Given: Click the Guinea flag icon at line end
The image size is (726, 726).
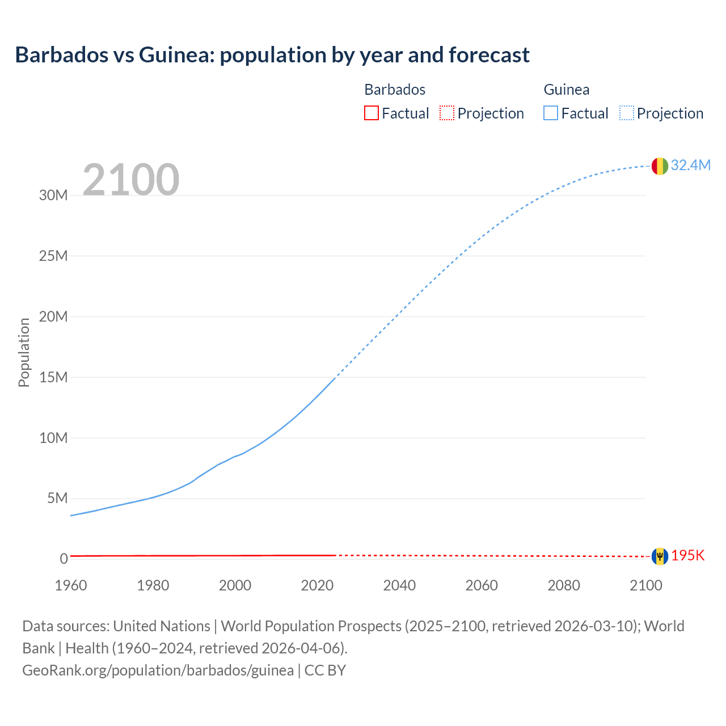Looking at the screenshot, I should click(x=660, y=166).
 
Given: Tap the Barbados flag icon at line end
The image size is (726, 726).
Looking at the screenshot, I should click(x=660, y=556).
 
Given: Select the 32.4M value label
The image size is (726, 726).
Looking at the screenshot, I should click(x=690, y=165).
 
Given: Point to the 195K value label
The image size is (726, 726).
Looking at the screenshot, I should click(x=687, y=556).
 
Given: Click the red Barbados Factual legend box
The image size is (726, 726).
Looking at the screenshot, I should click(x=371, y=113).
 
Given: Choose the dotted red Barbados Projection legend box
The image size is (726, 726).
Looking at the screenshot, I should click(x=447, y=113).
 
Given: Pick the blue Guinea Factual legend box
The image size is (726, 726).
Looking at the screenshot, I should click(x=551, y=113).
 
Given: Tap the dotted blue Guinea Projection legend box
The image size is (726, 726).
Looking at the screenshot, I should click(x=627, y=113).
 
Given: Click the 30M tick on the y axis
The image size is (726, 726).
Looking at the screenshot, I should click(x=53, y=196).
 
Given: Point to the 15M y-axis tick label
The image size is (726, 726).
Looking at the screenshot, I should click(x=53, y=377).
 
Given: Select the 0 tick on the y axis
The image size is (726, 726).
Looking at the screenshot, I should click(x=64, y=559).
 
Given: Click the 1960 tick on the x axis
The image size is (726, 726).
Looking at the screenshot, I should click(x=71, y=585).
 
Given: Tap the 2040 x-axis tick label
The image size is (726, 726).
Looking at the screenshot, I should click(x=399, y=585).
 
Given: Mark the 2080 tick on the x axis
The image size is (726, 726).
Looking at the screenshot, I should click(x=564, y=585).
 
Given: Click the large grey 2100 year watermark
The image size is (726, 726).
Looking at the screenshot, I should click(x=131, y=180).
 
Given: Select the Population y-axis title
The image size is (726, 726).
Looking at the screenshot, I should click(x=24, y=352).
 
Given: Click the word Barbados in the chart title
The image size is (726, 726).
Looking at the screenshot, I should click(x=62, y=55).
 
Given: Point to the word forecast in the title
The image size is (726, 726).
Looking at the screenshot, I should click(x=489, y=55).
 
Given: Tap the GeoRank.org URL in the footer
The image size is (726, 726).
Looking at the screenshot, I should click(x=158, y=670).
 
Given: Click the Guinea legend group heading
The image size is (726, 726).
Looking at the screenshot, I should click(x=566, y=90).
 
